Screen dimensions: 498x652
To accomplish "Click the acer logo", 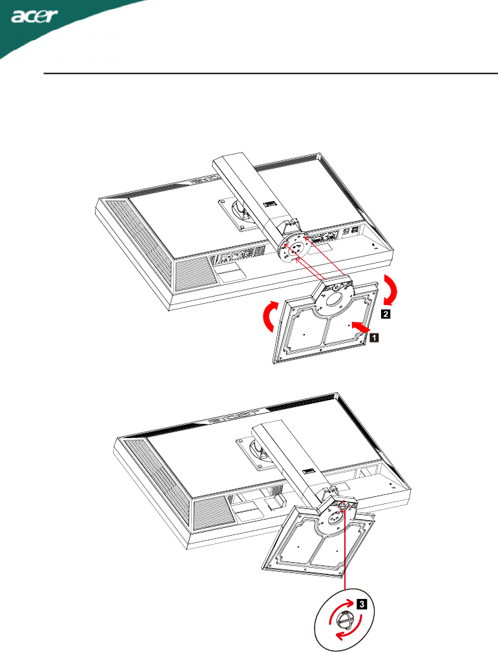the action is (35, 17).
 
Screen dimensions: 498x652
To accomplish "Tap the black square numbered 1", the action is (374, 337).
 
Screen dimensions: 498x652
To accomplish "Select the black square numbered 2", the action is (386, 314).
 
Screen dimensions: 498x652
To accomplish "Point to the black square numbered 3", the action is (362, 604).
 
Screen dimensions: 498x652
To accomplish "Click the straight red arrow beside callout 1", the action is (360, 326).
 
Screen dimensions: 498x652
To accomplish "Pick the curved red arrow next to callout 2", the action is (390, 290).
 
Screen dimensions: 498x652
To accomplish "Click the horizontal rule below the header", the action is (271, 74).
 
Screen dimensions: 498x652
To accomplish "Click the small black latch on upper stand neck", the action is (269, 204).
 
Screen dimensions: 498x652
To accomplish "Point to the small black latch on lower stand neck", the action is (308, 471).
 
